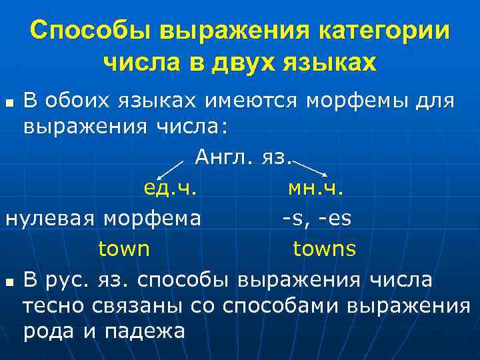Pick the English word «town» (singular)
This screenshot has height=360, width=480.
pos(124,249)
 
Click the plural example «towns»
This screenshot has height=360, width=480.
pos(325,249)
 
